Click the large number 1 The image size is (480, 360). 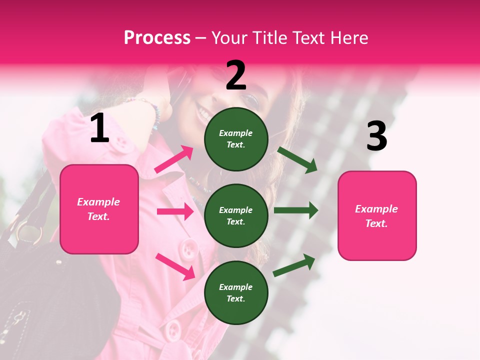click(x=99, y=128)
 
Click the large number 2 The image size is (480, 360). click(x=236, y=75)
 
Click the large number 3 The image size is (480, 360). click(x=376, y=136)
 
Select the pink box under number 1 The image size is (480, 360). click(x=99, y=209)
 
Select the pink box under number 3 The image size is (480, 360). click(x=377, y=216)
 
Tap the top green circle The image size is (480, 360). click(x=236, y=138)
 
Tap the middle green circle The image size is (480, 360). click(x=236, y=215)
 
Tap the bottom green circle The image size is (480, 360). click(x=236, y=292)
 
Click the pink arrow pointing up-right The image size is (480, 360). click(x=174, y=159)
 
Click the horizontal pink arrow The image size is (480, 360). click(x=175, y=211)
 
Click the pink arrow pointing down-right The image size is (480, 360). click(x=175, y=266)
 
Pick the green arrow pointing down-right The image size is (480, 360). click(x=298, y=160)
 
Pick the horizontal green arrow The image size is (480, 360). click(x=295, y=210)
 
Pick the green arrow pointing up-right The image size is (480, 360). click(x=294, y=265)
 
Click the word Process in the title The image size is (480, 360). click(x=157, y=37)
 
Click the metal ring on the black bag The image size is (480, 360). click(x=29, y=233)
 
